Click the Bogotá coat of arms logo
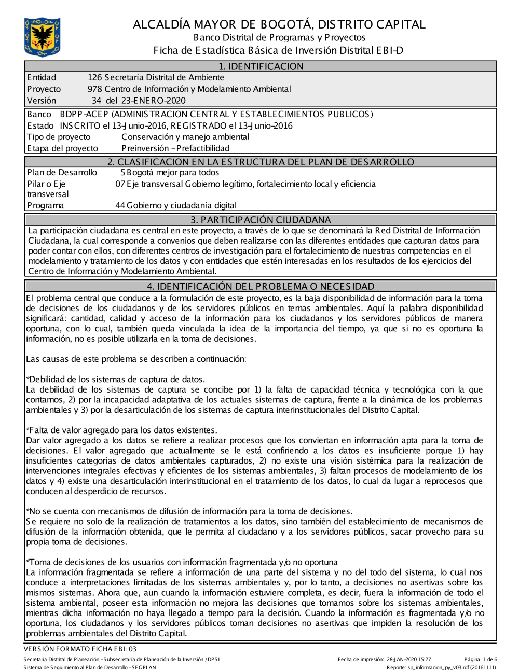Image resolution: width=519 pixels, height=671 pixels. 42,37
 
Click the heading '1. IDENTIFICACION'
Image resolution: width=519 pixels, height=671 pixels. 261,66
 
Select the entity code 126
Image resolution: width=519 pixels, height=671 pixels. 94,78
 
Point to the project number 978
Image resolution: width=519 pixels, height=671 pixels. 94,89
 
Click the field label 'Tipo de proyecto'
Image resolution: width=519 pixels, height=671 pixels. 59,137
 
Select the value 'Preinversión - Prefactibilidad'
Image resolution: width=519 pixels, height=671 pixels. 175,148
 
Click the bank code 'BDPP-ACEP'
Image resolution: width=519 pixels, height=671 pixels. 84,114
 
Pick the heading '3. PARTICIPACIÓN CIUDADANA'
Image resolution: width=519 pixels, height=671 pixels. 261,220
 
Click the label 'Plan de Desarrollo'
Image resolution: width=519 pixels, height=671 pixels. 62,173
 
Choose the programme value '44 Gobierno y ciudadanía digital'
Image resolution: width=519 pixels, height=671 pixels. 176,205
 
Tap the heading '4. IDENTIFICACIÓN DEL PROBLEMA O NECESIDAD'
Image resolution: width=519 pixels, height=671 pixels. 261,286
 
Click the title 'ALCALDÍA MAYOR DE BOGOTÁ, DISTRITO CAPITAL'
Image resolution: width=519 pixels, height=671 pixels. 279,24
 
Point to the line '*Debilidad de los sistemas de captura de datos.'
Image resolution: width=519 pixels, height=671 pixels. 115,379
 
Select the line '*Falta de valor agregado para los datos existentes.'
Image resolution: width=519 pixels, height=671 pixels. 121,430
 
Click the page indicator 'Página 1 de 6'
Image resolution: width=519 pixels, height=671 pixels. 481,659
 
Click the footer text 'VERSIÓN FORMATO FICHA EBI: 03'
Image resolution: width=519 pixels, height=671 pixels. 80,649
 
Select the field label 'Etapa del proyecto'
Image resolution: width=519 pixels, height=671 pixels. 62,148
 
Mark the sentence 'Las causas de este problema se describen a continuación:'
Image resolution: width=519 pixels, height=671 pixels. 136,359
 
